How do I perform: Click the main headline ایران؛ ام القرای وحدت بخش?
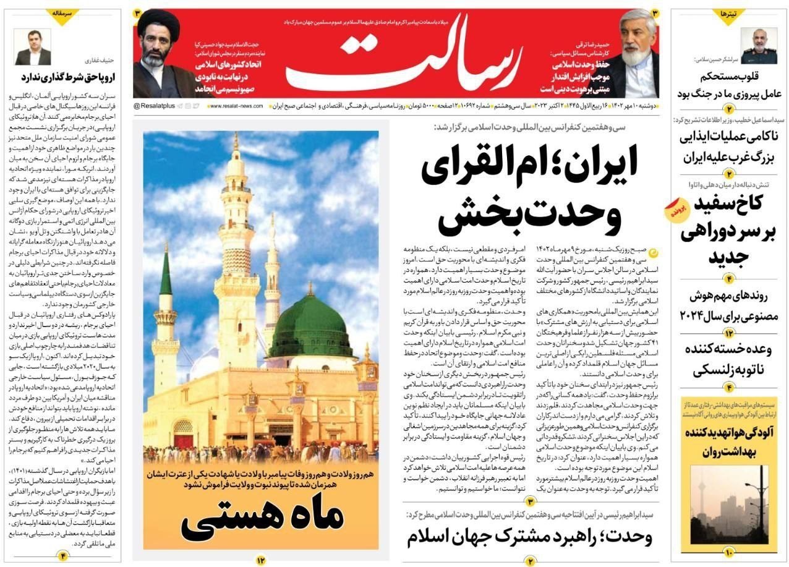coord(529,191)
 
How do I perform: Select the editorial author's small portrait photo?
coord(33,47)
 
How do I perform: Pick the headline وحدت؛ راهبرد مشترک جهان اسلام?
coord(529,536)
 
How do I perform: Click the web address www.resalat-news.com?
coord(237,106)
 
